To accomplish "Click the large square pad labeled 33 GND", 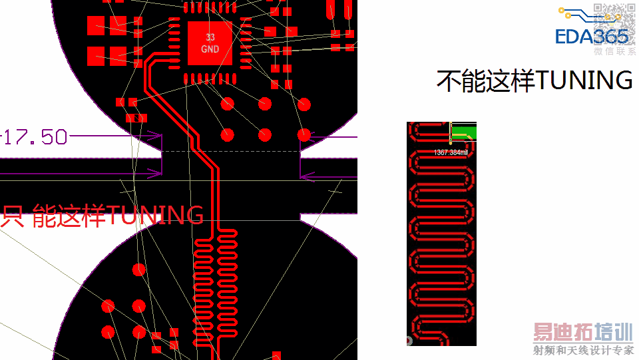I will [210, 43].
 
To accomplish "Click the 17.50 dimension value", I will [37, 137].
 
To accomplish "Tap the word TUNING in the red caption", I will [156, 215].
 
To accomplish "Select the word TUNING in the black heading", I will [584, 81].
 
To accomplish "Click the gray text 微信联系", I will [614, 51].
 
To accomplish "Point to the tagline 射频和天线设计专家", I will [583, 351].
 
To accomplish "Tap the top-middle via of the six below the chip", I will [265, 104].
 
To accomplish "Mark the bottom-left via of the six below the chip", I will [228, 135].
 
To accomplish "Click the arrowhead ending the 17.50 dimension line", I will [158, 136].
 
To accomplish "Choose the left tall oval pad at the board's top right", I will [331, 10].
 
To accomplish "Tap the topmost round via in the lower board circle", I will [138, 270].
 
